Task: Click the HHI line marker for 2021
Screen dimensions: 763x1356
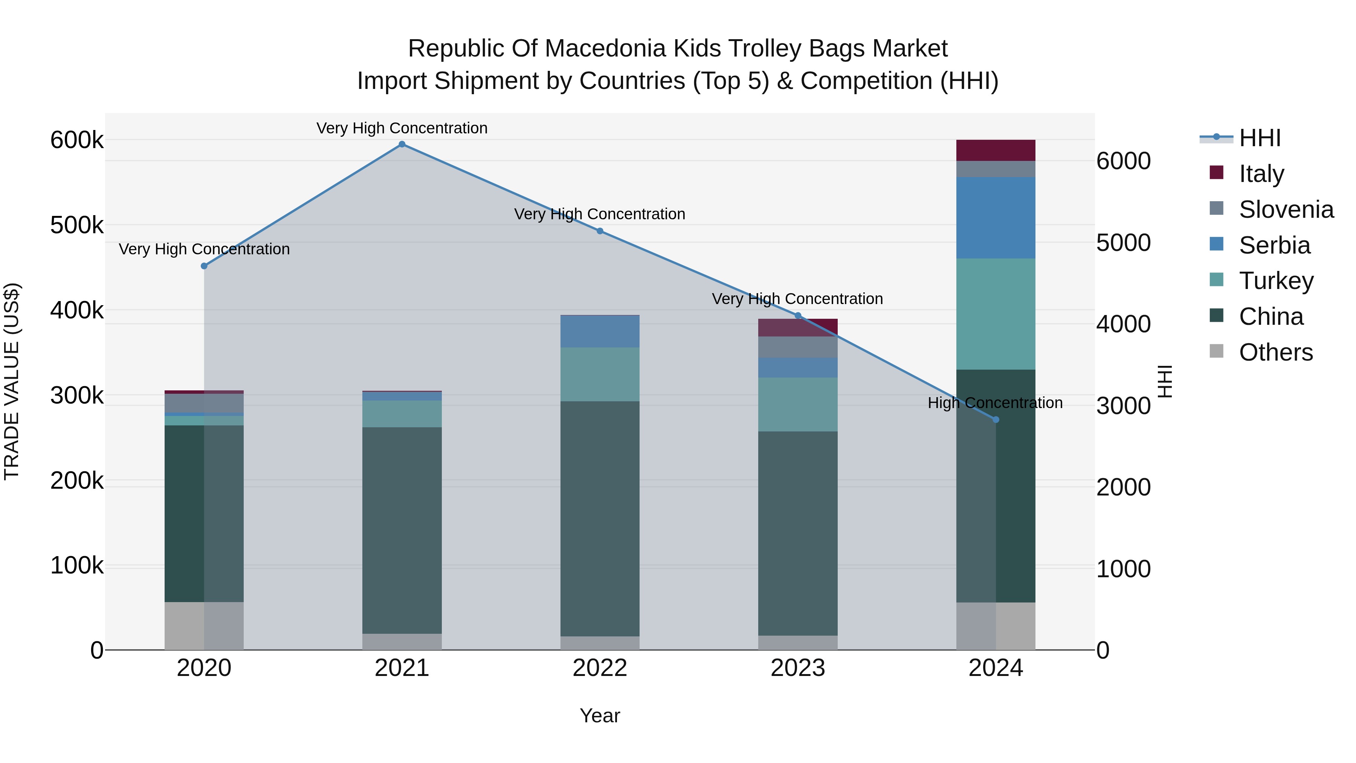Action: tap(402, 144)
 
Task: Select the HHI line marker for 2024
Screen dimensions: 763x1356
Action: tap(996, 420)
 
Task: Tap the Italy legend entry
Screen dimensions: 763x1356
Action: tap(1261, 174)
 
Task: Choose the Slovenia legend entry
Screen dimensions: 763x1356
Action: tap(1286, 209)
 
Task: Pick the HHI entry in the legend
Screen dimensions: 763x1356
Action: tap(1259, 138)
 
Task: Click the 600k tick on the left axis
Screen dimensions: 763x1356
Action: tap(77, 141)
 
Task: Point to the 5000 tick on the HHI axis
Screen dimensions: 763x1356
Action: tap(1123, 243)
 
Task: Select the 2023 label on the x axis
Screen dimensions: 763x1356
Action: tap(797, 668)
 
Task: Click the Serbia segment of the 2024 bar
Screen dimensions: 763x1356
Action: tap(996, 217)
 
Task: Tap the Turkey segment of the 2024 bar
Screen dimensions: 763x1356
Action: tap(996, 314)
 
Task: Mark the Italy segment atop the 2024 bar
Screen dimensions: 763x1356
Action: tap(996, 150)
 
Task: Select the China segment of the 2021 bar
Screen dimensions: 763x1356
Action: tap(402, 530)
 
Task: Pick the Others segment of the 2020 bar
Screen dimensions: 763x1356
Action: tap(204, 625)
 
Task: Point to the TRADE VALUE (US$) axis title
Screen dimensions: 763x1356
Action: tap(12, 381)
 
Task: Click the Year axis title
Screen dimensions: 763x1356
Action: tap(600, 716)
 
